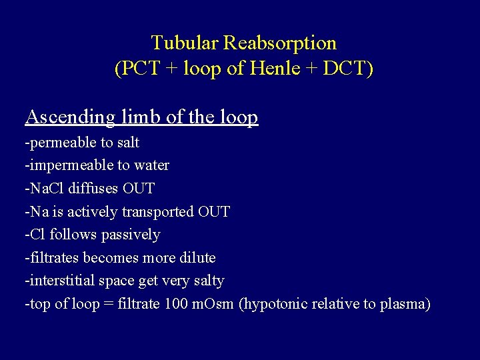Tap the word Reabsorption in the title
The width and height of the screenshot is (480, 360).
[x=280, y=43]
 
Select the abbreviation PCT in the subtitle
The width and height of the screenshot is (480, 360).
[x=141, y=69]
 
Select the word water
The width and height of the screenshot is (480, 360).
[x=151, y=165]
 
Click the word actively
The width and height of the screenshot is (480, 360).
[x=81, y=212]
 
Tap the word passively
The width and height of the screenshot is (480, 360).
[x=131, y=235]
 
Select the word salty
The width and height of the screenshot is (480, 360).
[x=207, y=281]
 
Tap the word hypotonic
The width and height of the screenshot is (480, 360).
[x=275, y=304]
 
